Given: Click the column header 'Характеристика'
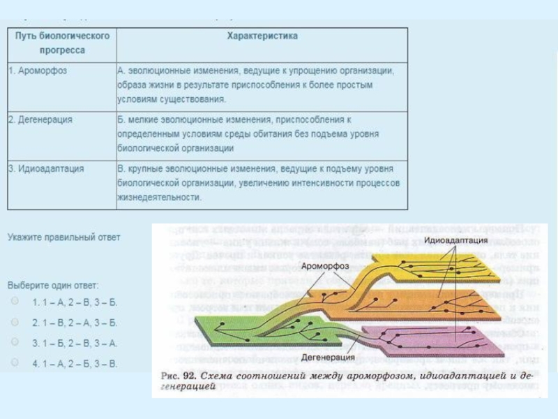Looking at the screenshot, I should click(262, 36).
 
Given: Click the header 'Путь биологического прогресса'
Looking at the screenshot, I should click(62, 43).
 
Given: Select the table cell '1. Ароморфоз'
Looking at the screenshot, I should click(38, 71).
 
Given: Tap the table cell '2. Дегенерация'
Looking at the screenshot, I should click(40, 119).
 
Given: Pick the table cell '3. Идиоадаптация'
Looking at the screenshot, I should click(47, 168).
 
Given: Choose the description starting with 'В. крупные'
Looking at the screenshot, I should click(258, 183).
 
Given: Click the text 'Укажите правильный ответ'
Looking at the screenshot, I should click(64, 237).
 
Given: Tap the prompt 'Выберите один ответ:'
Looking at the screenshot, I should click(54, 286).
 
